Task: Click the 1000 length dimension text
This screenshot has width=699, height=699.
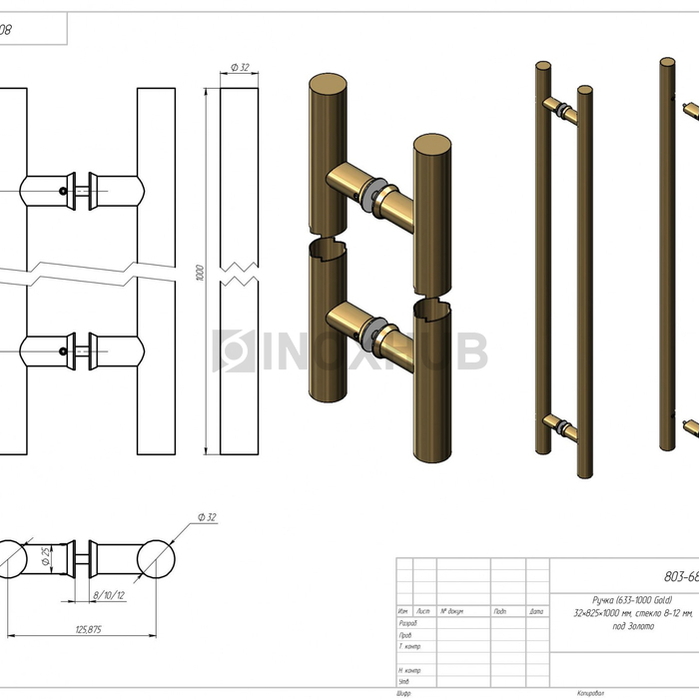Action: coord(200,272)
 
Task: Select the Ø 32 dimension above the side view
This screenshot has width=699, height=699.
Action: coord(239,67)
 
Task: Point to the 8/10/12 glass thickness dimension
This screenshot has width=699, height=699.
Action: coord(108,595)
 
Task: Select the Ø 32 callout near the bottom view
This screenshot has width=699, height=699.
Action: coord(208,516)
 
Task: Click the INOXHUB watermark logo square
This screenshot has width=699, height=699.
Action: coord(236,351)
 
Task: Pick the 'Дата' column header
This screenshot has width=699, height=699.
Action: coord(536,611)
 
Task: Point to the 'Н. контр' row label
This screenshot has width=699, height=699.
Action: coord(409,670)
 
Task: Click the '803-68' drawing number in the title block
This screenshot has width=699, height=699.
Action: coord(680,575)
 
